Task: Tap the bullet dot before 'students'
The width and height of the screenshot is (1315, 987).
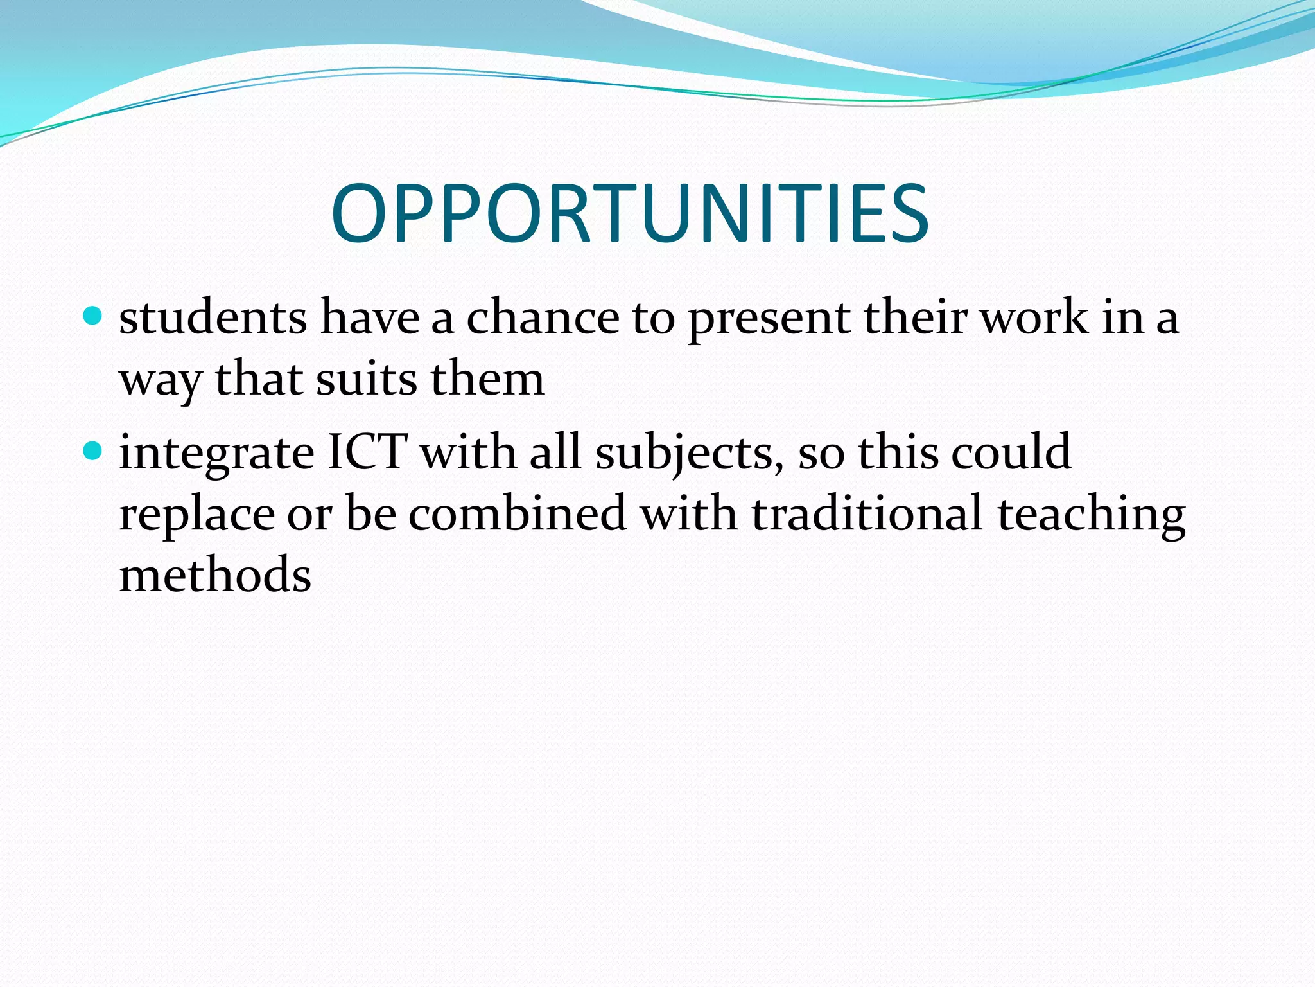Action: coord(93,316)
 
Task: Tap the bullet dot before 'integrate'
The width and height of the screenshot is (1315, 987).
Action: coord(93,451)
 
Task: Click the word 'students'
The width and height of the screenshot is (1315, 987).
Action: coord(213,317)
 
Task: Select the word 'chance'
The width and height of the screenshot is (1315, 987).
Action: coord(543,317)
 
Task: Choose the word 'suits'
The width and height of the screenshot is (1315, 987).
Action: coord(366,379)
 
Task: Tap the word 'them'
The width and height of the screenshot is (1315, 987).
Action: coord(487,379)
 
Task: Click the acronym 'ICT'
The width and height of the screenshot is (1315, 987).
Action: coord(367,452)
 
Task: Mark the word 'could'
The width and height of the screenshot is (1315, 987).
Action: coord(1011,452)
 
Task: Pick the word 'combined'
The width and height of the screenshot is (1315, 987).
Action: coord(518,513)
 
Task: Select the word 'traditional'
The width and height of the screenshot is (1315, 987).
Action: coord(867,513)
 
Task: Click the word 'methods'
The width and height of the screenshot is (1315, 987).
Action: coord(215,574)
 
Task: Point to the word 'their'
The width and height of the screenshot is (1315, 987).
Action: coord(916,317)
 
